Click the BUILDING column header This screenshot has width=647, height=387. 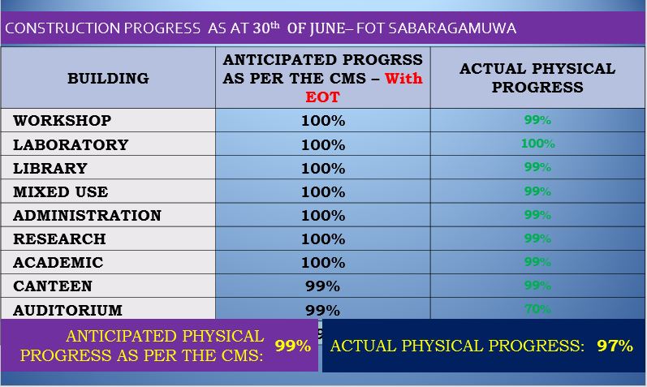[x=108, y=79]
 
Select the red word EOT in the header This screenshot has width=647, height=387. [x=322, y=97]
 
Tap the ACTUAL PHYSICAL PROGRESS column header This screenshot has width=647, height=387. [x=537, y=78]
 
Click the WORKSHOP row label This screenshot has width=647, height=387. [x=62, y=120]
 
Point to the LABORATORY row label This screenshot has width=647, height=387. [x=71, y=144]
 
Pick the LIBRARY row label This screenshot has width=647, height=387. [x=50, y=168]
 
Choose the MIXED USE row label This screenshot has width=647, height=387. [x=60, y=191]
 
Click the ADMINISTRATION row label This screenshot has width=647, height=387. [x=87, y=215]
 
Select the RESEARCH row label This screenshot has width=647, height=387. [x=59, y=239]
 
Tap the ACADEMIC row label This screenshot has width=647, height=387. [x=58, y=262]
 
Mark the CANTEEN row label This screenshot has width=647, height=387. [x=53, y=286]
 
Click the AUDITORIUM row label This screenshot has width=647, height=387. [x=67, y=310]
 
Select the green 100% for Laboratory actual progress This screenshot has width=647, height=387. [x=537, y=144]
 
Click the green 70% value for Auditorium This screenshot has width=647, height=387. [x=537, y=308]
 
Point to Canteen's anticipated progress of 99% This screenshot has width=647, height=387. [x=322, y=286]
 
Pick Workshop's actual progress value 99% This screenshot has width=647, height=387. [x=537, y=120]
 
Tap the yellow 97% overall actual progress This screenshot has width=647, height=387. [x=615, y=346]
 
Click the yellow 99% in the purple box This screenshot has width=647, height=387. [x=293, y=346]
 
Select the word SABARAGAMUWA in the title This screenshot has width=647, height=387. [x=452, y=28]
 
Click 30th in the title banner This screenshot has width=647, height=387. [x=266, y=28]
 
